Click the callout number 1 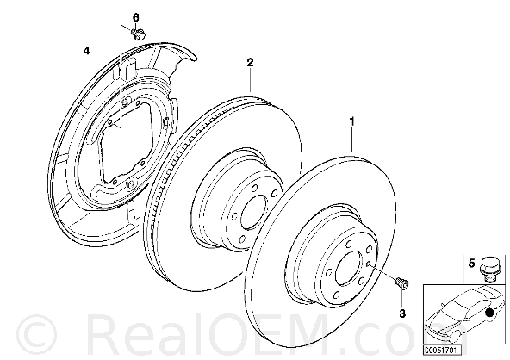click(x=351, y=121)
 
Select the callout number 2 click(x=250, y=62)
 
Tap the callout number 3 click(x=402, y=313)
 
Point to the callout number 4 click(x=86, y=51)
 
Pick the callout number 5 click(x=471, y=263)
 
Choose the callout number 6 click(x=135, y=17)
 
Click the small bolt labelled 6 click(x=139, y=34)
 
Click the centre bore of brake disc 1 click(x=349, y=270)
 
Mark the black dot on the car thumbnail click(x=488, y=313)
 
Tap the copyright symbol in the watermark click(x=37, y=335)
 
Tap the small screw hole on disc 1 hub click(x=367, y=264)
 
